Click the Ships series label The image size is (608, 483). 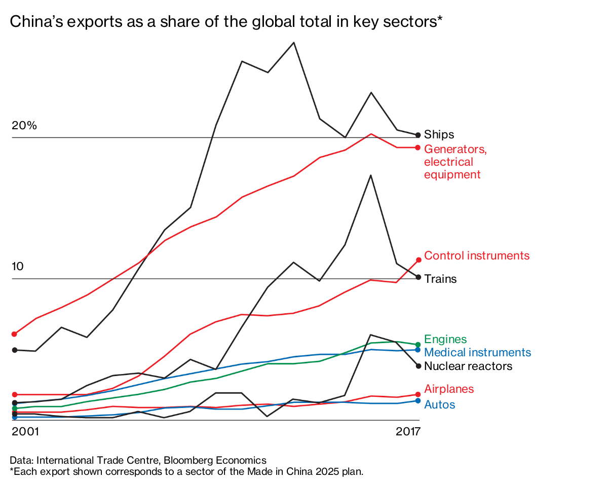point(439,135)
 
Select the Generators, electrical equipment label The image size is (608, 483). point(455,162)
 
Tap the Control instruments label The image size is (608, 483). point(476,256)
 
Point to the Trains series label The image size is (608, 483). point(440,279)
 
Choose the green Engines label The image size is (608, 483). point(445,340)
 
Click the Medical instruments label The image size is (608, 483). point(477,353)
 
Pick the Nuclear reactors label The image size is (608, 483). point(468,366)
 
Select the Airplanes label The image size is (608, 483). point(448,389)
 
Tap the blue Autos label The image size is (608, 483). point(439,405)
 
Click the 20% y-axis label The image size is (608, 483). point(24,126)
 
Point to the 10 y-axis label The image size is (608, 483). point(18,267)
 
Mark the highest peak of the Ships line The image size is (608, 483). point(294,43)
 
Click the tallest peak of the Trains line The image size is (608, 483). point(371,175)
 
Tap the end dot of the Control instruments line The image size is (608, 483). point(418,260)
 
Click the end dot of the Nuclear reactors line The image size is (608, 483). point(418,366)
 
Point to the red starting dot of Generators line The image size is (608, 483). point(15,334)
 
